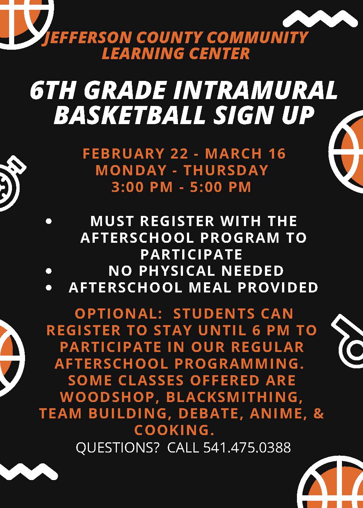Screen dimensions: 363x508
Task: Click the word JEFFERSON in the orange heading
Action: [87, 38]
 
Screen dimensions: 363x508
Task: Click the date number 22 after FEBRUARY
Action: [179, 153]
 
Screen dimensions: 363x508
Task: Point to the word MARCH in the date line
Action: [233, 153]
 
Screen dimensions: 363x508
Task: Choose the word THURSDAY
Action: [226, 170]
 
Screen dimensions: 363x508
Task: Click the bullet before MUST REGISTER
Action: [49, 221]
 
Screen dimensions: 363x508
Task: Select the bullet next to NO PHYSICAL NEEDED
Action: [49, 271]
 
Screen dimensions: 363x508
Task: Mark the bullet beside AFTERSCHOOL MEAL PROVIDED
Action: [49, 288]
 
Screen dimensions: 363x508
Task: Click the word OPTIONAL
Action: [118, 314]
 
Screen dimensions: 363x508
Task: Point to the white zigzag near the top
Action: [320, 20]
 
